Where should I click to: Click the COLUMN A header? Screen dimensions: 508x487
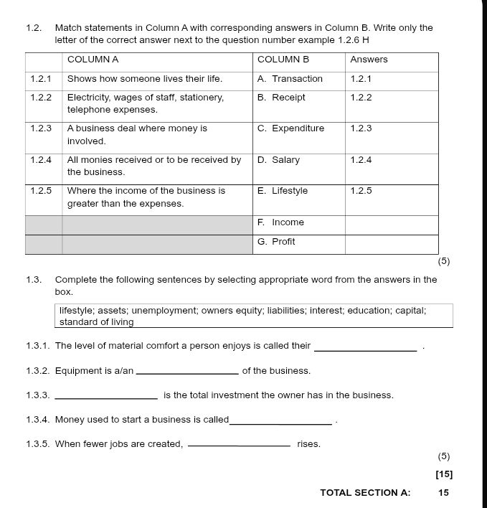[x=93, y=60]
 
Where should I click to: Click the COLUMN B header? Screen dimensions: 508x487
[x=283, y=60]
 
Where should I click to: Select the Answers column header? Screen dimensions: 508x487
[x=369, y=60]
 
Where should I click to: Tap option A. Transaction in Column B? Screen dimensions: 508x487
[x=290, y=79]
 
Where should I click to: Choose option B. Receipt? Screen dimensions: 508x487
[x=281, y=98]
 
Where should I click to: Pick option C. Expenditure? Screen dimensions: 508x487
[x=290, y=128]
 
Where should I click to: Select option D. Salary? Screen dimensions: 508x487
[x=278, y=160]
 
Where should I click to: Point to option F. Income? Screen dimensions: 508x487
[x=280, y=222]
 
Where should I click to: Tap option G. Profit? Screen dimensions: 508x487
[x=276, y=242]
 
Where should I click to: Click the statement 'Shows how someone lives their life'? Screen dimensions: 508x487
[x=144, y=79]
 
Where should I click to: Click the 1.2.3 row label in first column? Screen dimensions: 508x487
[x=41, y=128]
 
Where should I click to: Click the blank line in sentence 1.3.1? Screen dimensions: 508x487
[x=366, y=349]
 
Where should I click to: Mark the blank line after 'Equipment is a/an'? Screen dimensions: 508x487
[x=187, y=373]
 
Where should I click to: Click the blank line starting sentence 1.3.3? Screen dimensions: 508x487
[x=106, y=398]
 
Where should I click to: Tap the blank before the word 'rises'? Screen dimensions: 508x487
[x=238, y=446]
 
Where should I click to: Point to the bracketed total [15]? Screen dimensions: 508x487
[x=444, y=474]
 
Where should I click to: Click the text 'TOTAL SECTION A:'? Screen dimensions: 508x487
[x=365, y=493]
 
